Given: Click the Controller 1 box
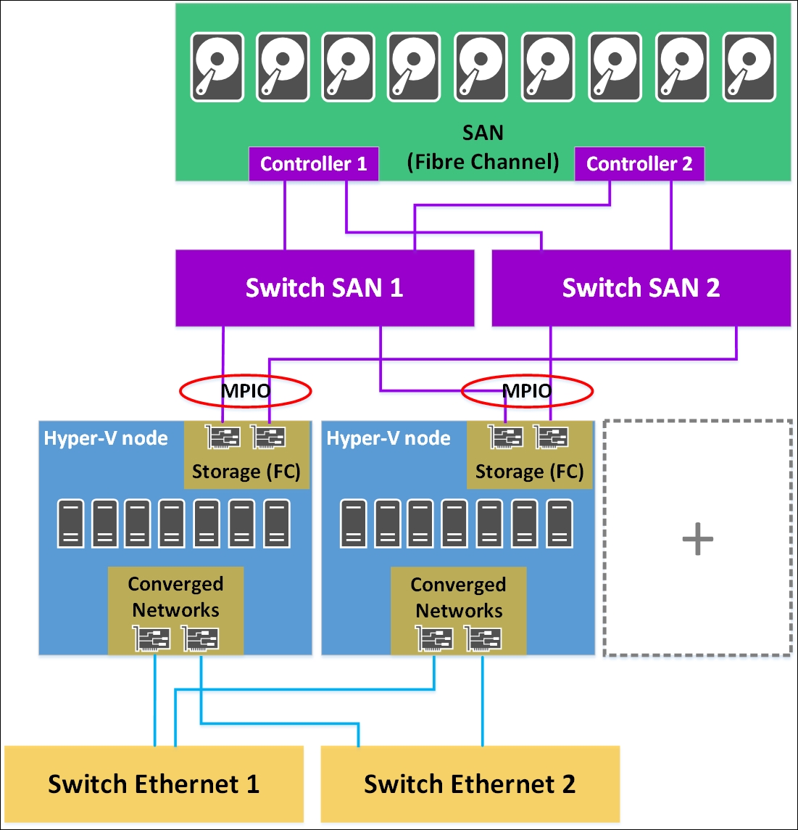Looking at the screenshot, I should tap(313, 164).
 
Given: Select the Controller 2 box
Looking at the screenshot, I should tap(639, 164).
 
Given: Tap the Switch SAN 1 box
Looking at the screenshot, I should tap(324, 288).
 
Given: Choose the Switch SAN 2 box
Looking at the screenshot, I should tap(641, 288).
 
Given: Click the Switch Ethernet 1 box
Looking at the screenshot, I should tap(154, 784).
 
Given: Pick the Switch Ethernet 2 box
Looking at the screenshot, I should tap(470, 784).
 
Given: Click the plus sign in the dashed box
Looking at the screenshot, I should tap(697, 540).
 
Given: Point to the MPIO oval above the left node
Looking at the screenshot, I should tap(246, 391).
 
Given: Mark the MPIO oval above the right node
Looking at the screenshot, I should tap(528, 391).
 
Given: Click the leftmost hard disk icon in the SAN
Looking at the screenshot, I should tap(217, 67).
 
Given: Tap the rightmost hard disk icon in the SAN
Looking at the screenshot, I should tap(749, 67).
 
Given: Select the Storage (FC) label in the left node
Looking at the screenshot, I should tap(246, 472).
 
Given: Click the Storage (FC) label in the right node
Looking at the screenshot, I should tap(529, 472).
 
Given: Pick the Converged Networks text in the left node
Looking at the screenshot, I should tap(175, 596).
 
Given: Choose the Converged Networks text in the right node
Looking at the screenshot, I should tap(458, 597).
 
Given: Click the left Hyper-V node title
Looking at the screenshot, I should tap(106, 438).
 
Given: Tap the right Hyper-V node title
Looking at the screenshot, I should tap(388, 438).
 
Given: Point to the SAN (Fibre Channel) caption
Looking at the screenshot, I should tap(483, 147).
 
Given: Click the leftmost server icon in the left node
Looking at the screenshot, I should tap(70, 522).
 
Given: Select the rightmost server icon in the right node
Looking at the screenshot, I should tap(560, 522).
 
